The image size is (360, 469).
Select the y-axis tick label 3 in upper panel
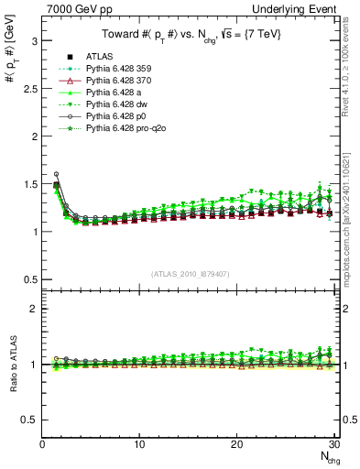pyautogui.click(x=34, y=41)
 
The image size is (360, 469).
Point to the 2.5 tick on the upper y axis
pyautogui.click(x=30, y=89)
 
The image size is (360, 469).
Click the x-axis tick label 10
pyautogui.click(x=139, y=444)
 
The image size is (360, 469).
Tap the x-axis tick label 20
pyautogui.click(x=236, y=444)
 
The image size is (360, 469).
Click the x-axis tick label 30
pyautogui.click(x=333, y=444)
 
